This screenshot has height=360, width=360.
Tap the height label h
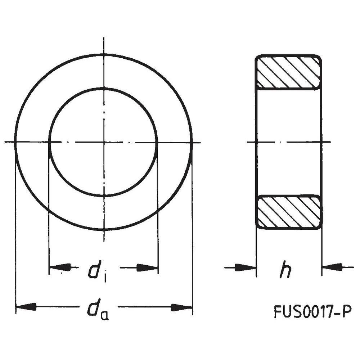pos(285,271)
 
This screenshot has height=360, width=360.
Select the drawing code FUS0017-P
pos(312,312)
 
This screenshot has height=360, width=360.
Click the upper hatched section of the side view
pos(288,72)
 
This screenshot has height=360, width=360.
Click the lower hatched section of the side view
pos(288,212)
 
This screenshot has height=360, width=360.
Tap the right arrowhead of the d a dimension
pos(181,307)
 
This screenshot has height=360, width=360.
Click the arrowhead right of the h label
pos(332,267)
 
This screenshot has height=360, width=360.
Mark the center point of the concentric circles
pos(104,142)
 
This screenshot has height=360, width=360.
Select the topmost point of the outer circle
pos(104,54)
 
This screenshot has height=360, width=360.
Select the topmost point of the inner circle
pos(104,88)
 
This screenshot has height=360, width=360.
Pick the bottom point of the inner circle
pos(104,196)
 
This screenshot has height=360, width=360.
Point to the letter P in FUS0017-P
pos(346,312)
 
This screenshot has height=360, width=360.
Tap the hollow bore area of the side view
pos(288,142)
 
